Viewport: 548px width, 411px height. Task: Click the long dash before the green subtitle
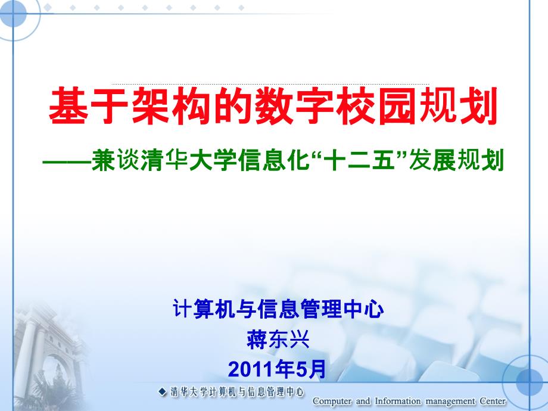coord(66,162)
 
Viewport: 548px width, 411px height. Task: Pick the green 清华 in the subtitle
coord(164,161)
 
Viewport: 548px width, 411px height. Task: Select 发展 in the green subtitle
coord(432,161)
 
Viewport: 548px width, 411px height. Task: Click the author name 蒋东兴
coord(278,339)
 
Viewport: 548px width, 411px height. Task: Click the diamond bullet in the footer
coord(163,392)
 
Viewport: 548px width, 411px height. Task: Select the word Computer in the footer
coord(332,401)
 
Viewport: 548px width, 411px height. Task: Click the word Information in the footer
coord(398,401)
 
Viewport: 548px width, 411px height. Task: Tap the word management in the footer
coord(450,402)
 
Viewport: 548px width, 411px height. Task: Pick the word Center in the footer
coord(493,401)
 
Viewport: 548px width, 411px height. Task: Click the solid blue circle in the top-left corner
coord(13,14)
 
